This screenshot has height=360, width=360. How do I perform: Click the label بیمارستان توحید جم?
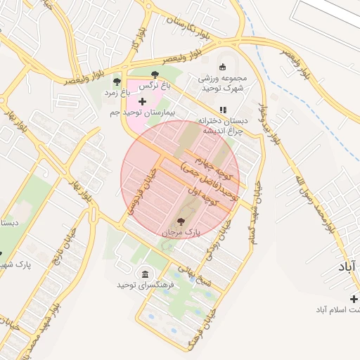pyautogui.click(x=142, y=112)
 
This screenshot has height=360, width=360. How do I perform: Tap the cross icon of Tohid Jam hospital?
pyautogui.click(x=142, y=102)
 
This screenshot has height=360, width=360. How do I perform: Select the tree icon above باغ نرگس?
pyautogui.click(x=155, y=75)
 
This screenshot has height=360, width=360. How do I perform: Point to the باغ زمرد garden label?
pyautogui.click(x=117, y=92)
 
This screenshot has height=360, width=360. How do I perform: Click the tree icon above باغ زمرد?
pyautogui.click(x=117, y=82)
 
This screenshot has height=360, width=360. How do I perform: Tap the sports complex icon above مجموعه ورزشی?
pyautogui.click(x=223, y=67)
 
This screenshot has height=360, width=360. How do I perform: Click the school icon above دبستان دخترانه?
pyautogui.click(x=223, y=110)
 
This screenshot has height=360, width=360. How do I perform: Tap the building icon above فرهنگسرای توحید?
pyautogui.click(x=145, y=274)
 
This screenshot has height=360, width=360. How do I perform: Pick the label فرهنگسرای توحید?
pyautogui.click(x=136, y=285)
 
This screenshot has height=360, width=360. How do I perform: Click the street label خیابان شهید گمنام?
pyautogui.click(x=251, y=205)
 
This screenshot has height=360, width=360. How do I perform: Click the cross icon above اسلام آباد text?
pyautogui.click(x=354, y=300)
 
